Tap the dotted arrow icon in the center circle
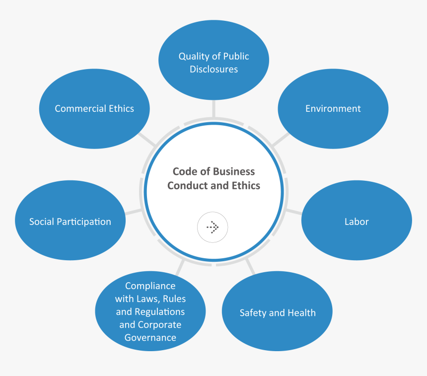tap(213, 227)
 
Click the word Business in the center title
tap(234, 172)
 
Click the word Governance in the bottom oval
tap(150, 338)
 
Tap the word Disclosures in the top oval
tap(213, 69)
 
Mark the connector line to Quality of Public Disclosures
tap(213, 109)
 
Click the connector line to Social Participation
tap(134, 212)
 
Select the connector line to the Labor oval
tap(293, 212)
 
